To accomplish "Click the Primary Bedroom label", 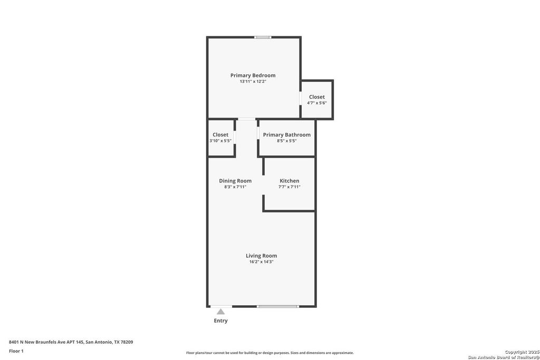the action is click(x=253, y=75).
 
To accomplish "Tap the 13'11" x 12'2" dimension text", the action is click(x=253, y=82).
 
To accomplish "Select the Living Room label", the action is click(x=261, y=256).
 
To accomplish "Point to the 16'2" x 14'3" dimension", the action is click(x=261, y=261).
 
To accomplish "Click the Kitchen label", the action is click(x=290, y=181).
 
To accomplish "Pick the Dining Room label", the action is click(x=235, y=181).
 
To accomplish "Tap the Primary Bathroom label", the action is click(x=286, y=134).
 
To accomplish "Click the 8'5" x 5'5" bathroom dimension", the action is click(x=286, y=141).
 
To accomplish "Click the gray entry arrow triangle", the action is click(x=221, y=312).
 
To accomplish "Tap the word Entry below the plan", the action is click(x=221, y=320).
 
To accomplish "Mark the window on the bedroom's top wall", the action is click(x=263, y=37).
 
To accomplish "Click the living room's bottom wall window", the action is click(x=278, y=306).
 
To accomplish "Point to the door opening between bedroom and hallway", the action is click(x=247, y=119).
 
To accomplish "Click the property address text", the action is click(x=71, y=342).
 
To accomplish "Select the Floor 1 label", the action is click(x=16, y=351).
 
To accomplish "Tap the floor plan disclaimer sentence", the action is click(x=270, y=353).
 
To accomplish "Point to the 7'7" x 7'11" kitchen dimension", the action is click(x=290, y=187).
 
